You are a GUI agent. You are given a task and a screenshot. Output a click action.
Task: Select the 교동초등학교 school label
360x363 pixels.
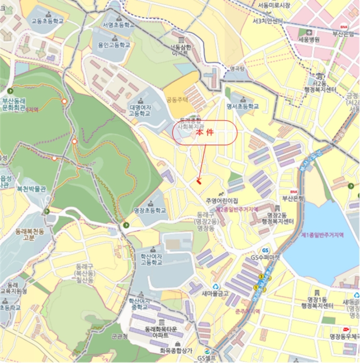point(47,21)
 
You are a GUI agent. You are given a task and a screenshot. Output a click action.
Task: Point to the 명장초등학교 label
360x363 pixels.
point(150,211)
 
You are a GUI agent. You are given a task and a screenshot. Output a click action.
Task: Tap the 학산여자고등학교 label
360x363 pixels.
point(148,259)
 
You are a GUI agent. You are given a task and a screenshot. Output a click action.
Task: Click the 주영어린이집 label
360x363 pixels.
point(221,200)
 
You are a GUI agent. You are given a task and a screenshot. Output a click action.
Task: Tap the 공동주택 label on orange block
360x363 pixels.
point(176,99)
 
